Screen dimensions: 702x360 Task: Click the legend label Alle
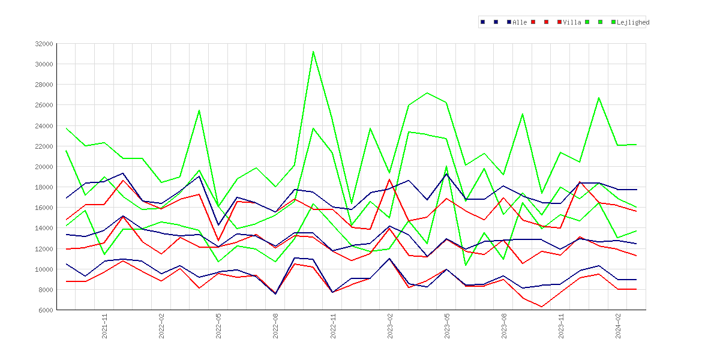tap(520, 22)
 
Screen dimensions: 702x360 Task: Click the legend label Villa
tap(572, 22)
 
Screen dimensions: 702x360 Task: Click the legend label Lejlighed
tap(633, 22)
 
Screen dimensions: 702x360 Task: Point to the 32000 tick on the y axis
tap(44, 44)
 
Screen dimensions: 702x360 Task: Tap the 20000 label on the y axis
tap(44, 167)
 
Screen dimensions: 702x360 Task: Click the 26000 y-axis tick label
tap(44, 105)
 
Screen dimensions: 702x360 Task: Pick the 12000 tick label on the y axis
tap(44, 248)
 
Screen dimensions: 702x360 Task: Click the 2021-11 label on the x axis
tap(105, 326)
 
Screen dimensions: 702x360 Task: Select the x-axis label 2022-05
tap(219, 326)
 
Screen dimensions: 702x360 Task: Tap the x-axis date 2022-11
tap(333, 326)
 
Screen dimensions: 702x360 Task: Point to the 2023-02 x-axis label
tap(390, 326)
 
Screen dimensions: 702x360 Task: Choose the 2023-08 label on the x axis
tap(504, 326)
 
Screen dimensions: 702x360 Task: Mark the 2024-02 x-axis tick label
tap(618, 326)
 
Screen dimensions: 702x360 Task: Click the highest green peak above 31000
tap(313, 52)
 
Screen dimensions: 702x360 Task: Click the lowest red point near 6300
tap(542, 307)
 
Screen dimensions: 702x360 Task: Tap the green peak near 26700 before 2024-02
tap(599, 98)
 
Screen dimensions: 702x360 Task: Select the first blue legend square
tap(482, 22)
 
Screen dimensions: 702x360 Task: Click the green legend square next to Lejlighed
tap(613, 22)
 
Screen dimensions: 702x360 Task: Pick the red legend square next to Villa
tap(560, 22)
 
